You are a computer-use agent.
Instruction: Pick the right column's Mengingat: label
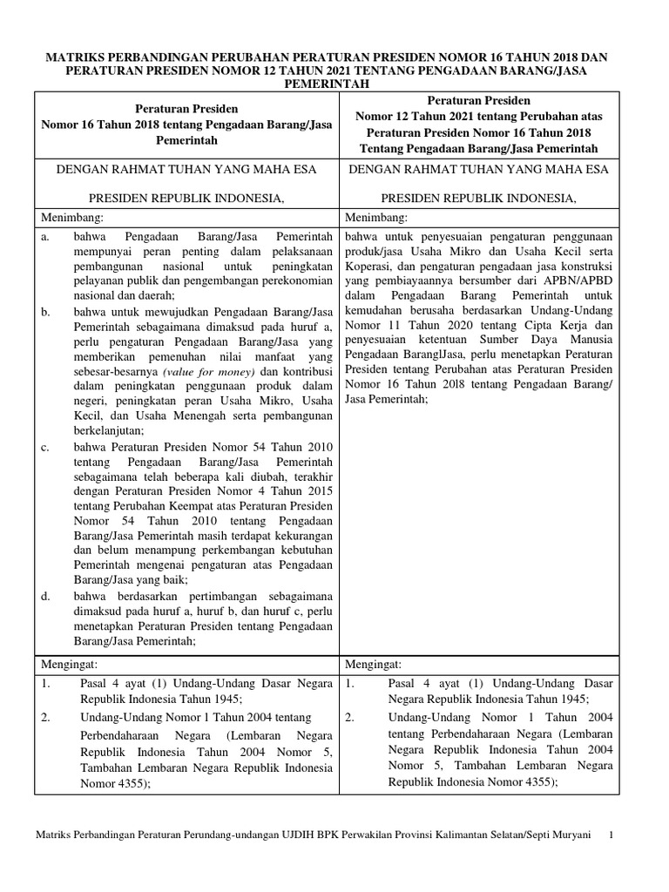pos(374,665)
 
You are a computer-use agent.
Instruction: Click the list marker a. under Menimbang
pos(45,236)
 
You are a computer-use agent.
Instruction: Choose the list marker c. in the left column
pos(45,446)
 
